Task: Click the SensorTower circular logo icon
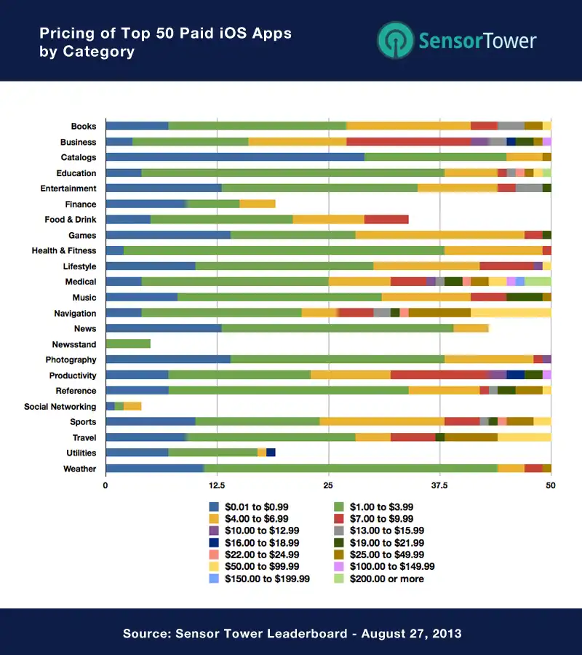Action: click(395, 40)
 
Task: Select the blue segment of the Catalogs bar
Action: click(235, 157)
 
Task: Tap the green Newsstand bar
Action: click(128, 344)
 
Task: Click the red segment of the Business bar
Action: click(409, 142)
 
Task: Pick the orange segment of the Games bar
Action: click(440, 235)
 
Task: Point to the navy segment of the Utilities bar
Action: click(271, 453)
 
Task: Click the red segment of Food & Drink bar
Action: click(386, 219)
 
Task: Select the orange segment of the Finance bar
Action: click(258, 204)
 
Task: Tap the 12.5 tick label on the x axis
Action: click(217, 485)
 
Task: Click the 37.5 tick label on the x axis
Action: click(439, 485)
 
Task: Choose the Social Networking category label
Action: click(60, 406)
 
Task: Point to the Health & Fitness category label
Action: click(64, 250)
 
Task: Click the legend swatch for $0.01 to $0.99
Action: click(214, 507)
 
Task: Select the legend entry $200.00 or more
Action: click(379, 579)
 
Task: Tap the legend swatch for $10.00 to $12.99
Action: click(214, 531)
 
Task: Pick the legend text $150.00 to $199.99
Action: click(267, 579)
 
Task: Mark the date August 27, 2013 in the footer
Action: click(411, 633)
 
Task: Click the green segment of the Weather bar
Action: click(351, 468)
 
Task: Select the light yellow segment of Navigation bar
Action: click(511, 312)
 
